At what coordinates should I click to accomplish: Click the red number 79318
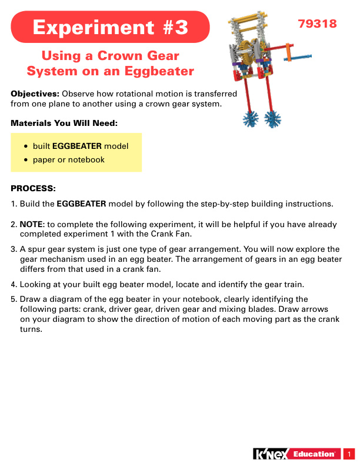click(317, 24)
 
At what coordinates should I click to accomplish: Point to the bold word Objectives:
click(35, 94)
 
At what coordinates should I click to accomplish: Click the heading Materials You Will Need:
click(65, 124)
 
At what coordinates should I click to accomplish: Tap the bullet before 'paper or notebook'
click(26, 160)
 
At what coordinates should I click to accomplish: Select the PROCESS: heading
click(34, 189)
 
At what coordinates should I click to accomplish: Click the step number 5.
click(14, 299)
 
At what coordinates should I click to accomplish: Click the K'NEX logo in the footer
click(272, 454)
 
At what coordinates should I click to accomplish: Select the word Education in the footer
click(315, 454)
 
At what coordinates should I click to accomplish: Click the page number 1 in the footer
click(349, 454)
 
